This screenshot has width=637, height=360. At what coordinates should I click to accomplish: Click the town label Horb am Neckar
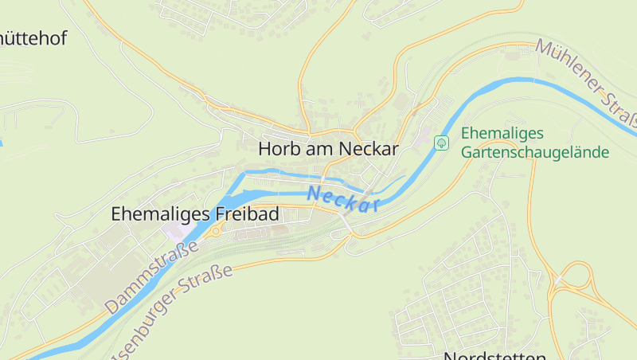pos(328,149)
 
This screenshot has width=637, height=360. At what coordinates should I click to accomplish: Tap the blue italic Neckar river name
pos(342,199)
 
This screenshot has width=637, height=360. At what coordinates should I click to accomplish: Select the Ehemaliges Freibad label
pos(194,214)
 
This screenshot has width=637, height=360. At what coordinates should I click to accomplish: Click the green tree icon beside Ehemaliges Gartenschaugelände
pos(440,143)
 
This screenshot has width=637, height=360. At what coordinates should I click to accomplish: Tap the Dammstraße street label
pos(150,276)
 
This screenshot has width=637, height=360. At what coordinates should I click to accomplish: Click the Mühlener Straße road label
pos(588,83)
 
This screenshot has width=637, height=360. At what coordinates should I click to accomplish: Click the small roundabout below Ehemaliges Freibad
pos(215,232)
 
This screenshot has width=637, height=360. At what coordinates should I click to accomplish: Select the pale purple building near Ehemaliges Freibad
pos(177,230)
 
